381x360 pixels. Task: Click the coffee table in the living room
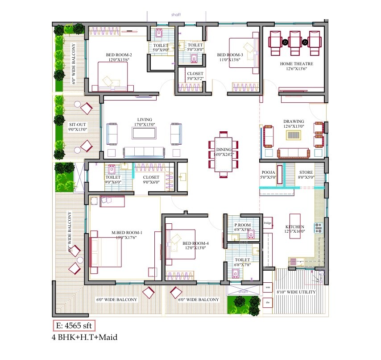144,133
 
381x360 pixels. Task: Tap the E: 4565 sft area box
73,325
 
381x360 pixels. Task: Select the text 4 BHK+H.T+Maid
85,337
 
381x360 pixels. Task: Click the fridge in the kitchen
268,222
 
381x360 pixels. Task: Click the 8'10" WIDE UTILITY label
296,292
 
